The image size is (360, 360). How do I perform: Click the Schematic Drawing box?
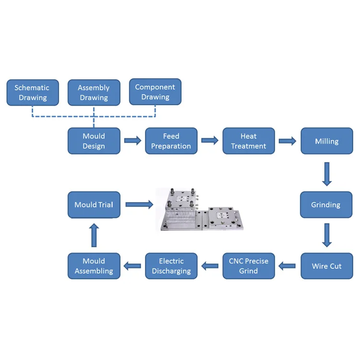click(x=33, y=93)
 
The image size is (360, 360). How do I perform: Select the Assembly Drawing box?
click(x=94, y=93)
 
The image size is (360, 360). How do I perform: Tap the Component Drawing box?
click(x=155, y=92)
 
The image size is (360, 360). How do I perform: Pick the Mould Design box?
click(x=94, y=141)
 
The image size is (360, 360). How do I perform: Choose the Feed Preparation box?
click(x=171, y=141)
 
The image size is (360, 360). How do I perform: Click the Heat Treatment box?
click(x=249, y=141)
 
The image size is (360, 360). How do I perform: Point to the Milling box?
click(x=326, y=141)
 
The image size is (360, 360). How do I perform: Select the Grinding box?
click(x=326, y=205)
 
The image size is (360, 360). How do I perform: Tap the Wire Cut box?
click(x=326, y=266)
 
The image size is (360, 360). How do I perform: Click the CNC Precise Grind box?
click(x=249, y=266)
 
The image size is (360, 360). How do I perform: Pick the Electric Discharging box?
click(x=171, y=266)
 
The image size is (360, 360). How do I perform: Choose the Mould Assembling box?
click(x=94, y=266)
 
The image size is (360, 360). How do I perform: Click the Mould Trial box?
click(x=94, y=205)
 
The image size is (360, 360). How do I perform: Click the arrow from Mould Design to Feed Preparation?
click(x=132, y=141)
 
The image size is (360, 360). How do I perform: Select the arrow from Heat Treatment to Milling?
click(x=288, y=141)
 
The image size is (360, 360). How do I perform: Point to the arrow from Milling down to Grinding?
click(x=327, y=174)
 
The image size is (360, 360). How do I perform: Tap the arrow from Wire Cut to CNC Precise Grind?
click(x=288, y=265)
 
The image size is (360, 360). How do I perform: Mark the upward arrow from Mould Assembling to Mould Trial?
click(x=94, y=235)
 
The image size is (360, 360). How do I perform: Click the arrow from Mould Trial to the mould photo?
click(x=139, y=204)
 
